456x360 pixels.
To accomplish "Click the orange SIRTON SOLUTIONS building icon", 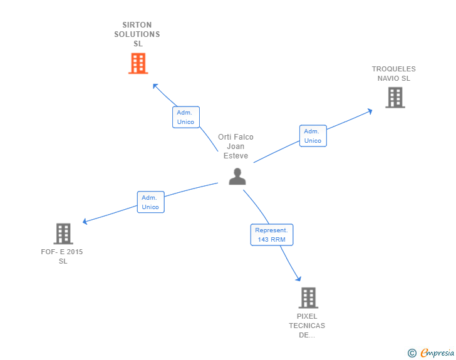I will pyautogui.click(x=138, y=63).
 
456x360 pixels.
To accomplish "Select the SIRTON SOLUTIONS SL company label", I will pyautogui.click(x=137, y=34).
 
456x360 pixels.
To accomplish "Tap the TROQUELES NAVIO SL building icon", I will pyautogui.click(x=395, y=98).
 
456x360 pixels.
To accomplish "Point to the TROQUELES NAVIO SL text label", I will pyautogui.click(x=393, y=74).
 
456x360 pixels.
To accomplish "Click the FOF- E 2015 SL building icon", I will pyautogui.click(x=63, y=234).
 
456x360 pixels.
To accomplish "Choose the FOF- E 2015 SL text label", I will pyautogui.click(x=62, y=257).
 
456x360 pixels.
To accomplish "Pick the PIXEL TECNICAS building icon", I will pyautogui.click(x=308, y=297).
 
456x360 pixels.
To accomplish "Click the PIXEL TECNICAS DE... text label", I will pyautogui.click(x=307, y=326).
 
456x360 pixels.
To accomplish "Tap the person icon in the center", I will pyautogui.click(x=237, y=177).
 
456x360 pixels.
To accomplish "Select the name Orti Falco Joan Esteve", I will pyautogui.click(x=236, y=147).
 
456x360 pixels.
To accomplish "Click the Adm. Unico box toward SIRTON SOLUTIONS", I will pyautogui.click(x=186, y=117).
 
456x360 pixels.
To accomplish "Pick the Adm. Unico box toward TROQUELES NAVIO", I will pyautogui.click(x=313, y=136).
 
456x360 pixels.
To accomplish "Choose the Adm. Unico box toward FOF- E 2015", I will pyautogui.click(x=150, y=202).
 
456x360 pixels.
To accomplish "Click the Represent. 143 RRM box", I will pyautogui.click(x=271, y=235).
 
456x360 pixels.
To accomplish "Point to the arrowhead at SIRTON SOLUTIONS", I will pyautogui.click(x=155, y=85).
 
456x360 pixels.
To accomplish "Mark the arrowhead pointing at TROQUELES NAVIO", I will pyautogui.click(x=370, y=111).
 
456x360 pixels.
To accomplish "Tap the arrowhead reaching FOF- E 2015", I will pyautogui.click(x=85, y=221).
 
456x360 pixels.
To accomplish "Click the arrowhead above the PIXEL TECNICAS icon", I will pyautogui.click(x=298, y=279).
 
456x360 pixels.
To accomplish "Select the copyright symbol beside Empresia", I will pyautogui.click(x=412, y=354).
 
